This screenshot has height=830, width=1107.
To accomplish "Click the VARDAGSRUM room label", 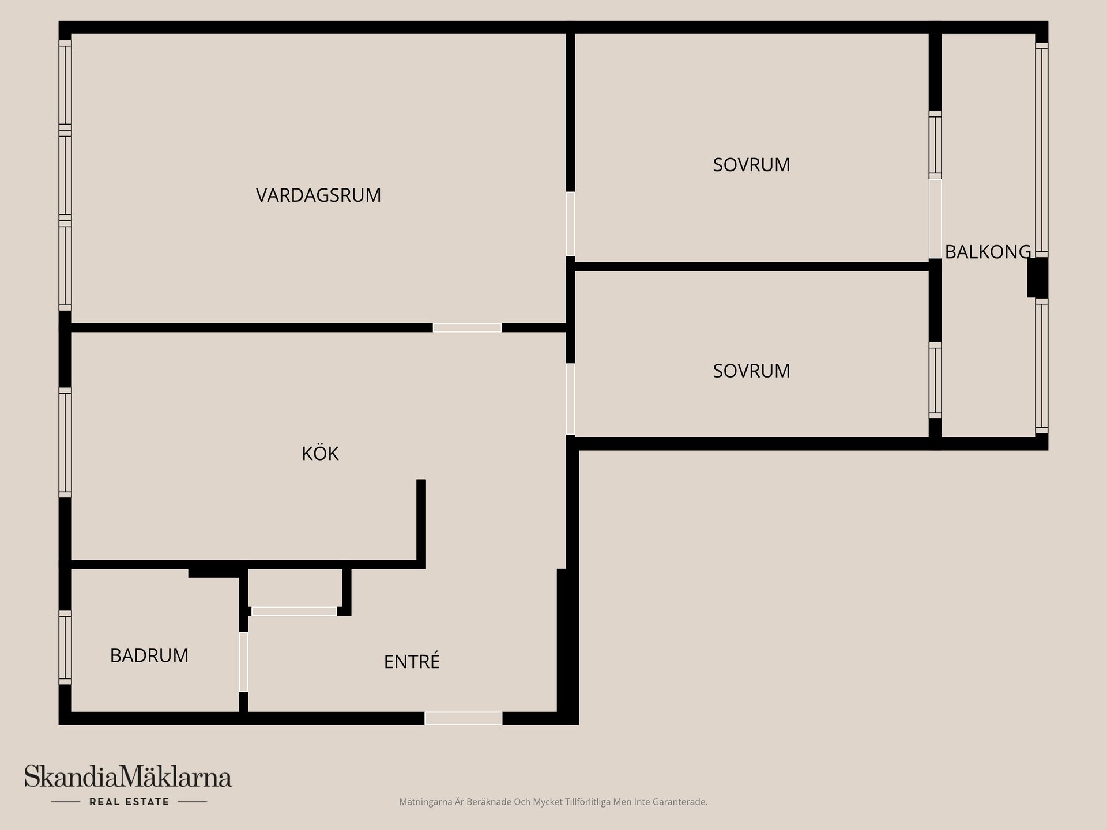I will point(318,195).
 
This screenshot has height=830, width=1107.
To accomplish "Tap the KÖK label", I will point(320,454).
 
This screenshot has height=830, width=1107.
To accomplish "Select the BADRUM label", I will point(149,656).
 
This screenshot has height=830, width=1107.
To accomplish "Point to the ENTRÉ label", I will point(412,662).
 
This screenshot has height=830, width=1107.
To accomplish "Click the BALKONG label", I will point(988,252).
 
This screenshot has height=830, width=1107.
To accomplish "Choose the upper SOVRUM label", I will point(751,165).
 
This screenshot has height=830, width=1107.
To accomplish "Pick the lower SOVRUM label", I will point(751,371).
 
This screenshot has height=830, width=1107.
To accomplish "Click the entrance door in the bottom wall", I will point(464,718).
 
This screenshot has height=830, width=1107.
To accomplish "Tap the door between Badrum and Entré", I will point(243,662).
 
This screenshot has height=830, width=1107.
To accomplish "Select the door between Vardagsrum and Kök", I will point(467,327).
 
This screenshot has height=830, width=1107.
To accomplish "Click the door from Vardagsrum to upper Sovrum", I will point(570,224).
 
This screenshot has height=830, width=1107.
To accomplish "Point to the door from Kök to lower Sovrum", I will point(570,398).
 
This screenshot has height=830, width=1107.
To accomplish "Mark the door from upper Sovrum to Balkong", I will point(935,219).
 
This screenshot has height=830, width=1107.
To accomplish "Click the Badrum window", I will point(65,647).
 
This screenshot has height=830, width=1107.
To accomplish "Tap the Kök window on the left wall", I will point(65,442).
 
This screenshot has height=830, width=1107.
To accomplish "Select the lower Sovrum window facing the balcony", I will point(935,380).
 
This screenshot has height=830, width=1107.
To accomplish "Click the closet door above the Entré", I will point(294,611).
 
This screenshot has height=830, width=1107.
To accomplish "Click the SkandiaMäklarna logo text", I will point(128,777).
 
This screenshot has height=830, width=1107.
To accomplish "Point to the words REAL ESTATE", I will point(129,802).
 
